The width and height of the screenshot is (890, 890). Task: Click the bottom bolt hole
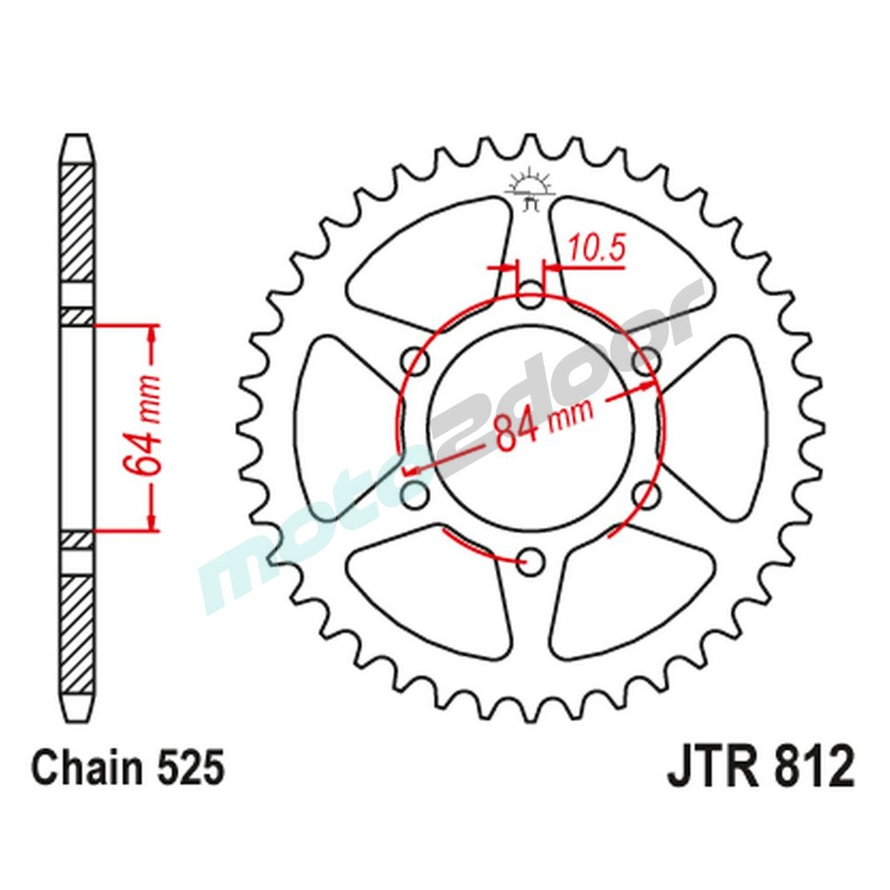coord(531,559)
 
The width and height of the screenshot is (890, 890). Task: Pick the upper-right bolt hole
coord(647,361)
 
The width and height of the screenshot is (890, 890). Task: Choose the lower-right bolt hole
coord(647,492)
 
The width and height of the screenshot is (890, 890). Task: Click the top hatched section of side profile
coord(77,222)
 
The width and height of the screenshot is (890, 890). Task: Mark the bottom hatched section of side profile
coord(77,632)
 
